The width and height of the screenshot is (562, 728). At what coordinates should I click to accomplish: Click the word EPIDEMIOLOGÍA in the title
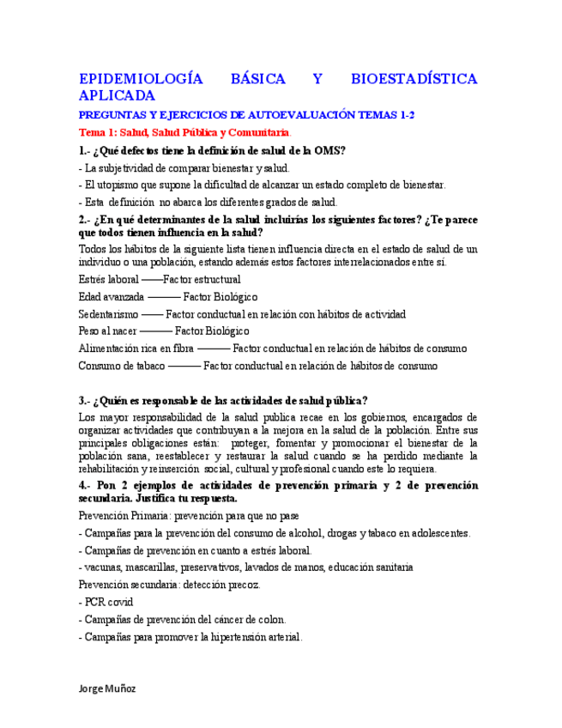140,79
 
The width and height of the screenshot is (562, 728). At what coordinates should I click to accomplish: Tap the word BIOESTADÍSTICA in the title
414,79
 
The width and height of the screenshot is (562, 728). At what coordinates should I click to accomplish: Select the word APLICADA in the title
117,95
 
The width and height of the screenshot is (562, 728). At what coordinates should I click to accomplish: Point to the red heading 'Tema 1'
96,133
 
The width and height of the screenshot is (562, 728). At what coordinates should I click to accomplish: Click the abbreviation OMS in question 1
329,151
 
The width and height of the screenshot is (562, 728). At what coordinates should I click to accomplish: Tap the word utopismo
117,185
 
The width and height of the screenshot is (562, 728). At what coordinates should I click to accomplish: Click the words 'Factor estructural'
202,279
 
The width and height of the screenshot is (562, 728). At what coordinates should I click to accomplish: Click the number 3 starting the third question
81,401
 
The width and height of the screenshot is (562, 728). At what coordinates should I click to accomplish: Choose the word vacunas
103,567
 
